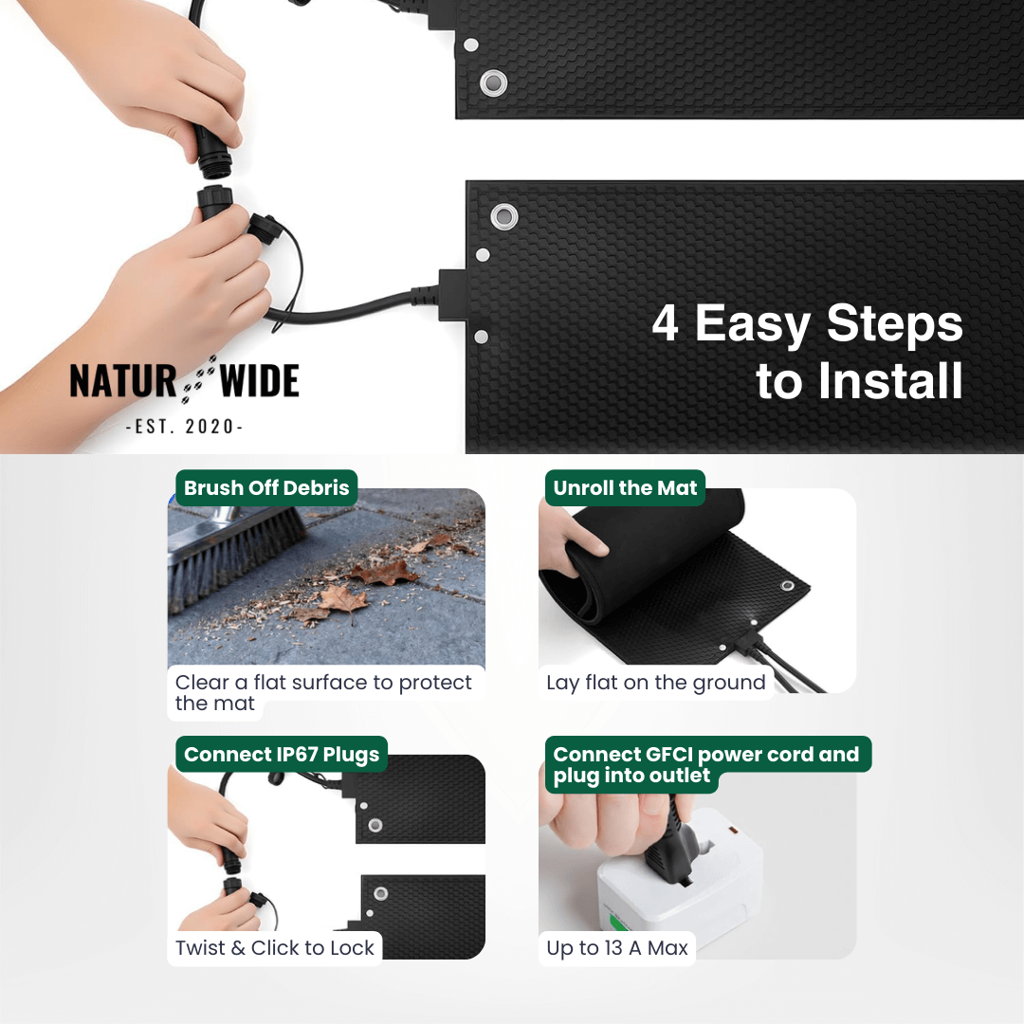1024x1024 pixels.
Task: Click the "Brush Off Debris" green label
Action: point(266,488)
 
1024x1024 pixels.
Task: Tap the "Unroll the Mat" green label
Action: point(625,488)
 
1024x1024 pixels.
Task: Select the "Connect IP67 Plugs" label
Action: point(282,755)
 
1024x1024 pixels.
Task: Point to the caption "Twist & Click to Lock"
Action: point(275,947)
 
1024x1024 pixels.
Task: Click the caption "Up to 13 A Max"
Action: point(617,947)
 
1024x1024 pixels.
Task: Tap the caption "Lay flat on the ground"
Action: point(656,683)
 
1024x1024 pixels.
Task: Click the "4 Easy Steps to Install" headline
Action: point(808,352)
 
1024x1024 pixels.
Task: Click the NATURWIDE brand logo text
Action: point(184,381)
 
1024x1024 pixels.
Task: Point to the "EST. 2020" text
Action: point(184,427)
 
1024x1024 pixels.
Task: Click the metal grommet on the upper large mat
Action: point(493,82)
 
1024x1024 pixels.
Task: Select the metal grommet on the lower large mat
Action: point(503,217)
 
